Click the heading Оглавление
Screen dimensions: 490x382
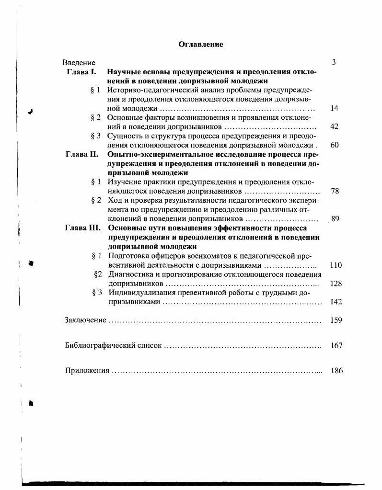click(201, 45)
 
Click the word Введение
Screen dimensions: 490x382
click(79, 63)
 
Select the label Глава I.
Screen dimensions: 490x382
click(82, 72)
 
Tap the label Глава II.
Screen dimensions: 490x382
click(82, 155)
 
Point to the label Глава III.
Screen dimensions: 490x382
click(82, 228)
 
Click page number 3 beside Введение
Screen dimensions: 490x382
click(334, 63)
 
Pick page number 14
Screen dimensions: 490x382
click(335, 108)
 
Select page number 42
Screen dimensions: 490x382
click(335, 127)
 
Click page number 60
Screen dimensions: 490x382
click(335, 145)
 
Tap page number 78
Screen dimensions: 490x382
click(335, 191)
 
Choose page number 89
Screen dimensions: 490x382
click(335, 219)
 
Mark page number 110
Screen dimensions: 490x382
click(336, 265)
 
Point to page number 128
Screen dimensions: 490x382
click(336, 284)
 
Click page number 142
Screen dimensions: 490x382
click(336, 302)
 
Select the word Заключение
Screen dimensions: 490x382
click(85, 320)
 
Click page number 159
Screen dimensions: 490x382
click(336, 320)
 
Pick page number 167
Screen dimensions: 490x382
click(336, 345)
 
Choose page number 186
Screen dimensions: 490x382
click(337, 371)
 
